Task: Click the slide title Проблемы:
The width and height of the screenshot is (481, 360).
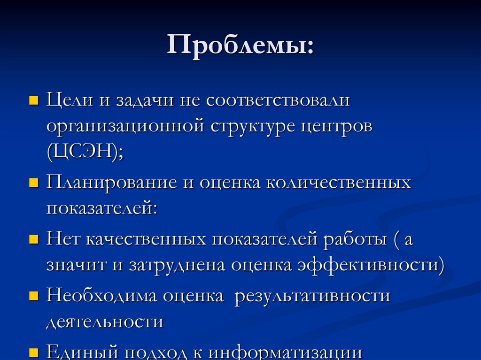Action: point(240,47)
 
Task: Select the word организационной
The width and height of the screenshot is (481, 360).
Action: point(125,127)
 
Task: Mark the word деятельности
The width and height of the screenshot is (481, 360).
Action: point(105,322)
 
